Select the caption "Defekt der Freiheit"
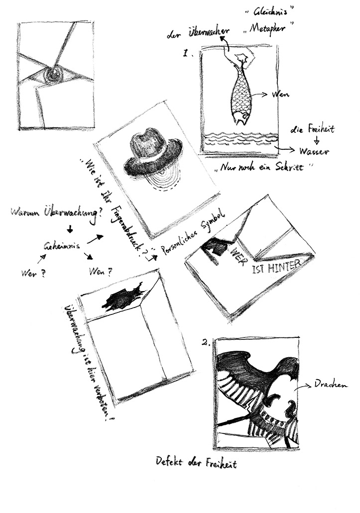[x=197, y=464]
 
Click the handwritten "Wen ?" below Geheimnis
[x=100, y=272]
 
